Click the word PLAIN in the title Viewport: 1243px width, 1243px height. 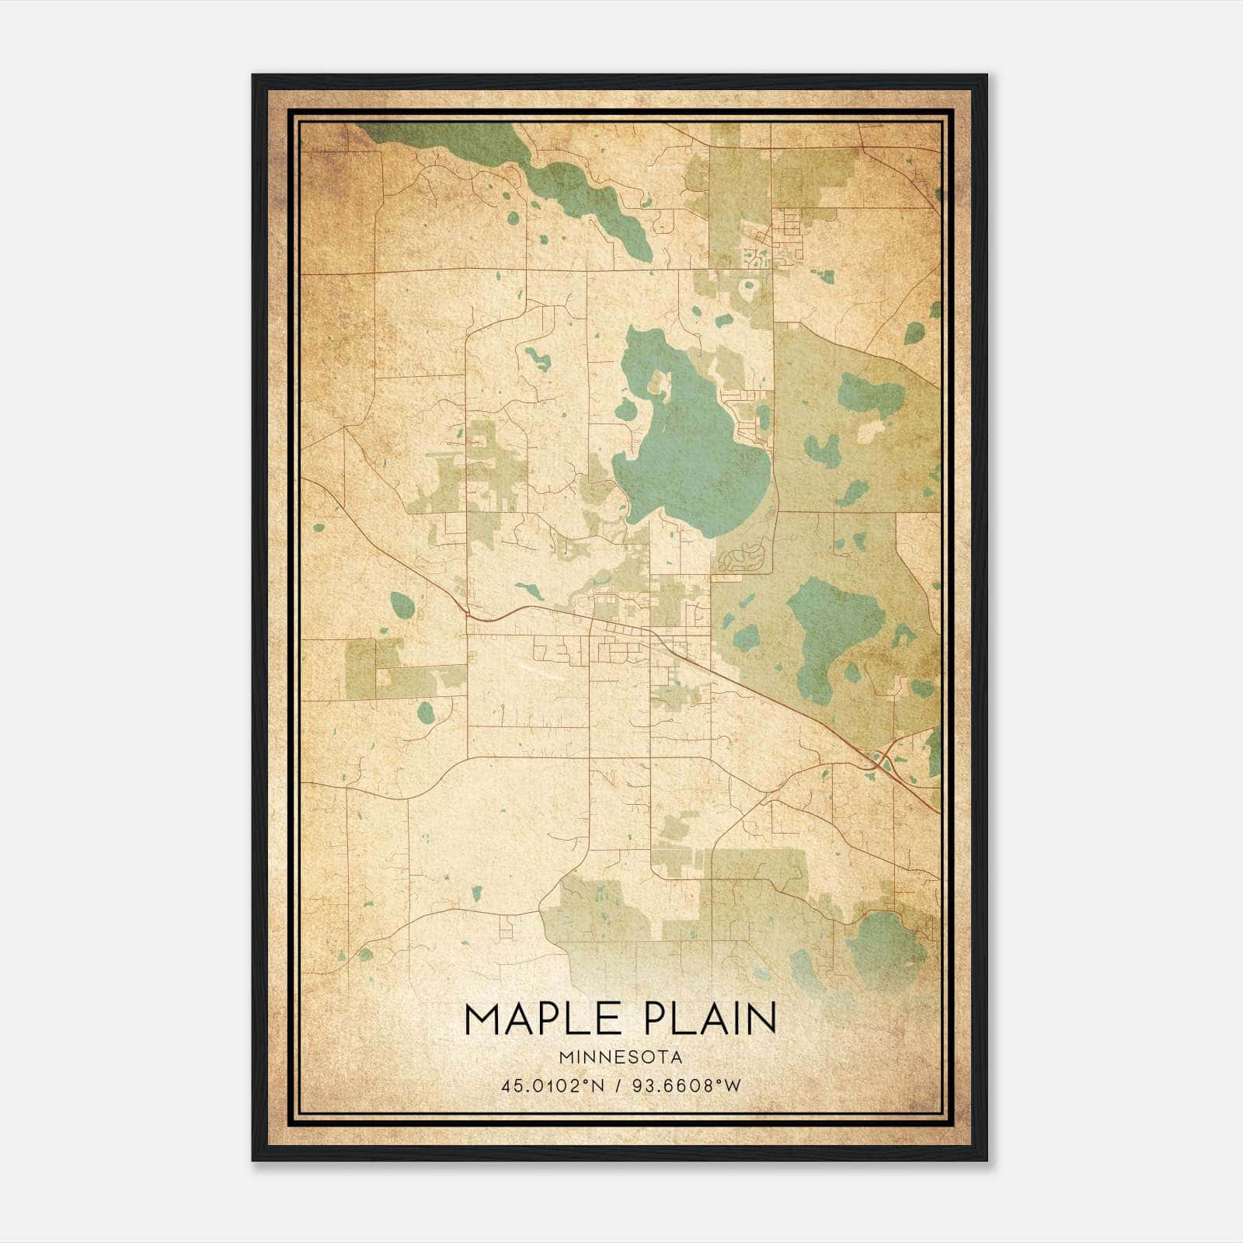[x=705, y=1018]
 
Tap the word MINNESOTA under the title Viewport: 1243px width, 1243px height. [x=620, y=1057]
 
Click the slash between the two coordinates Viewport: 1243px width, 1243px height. [x=618, y=1085]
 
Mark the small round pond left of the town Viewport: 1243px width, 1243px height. [x=402, y=604]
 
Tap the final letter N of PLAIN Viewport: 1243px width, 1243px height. [x=761, y=1018]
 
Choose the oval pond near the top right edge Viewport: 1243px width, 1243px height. [x=915, y=333]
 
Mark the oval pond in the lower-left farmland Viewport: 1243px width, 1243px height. [x=425, y=711]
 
